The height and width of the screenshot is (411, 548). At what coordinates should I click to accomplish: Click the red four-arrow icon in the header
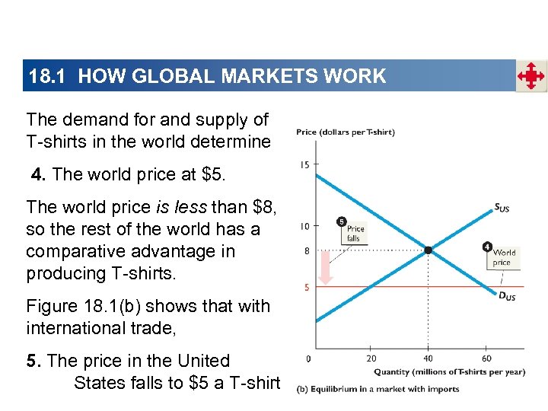pos(531,76)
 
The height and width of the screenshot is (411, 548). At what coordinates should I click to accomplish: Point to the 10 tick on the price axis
pos(304,226)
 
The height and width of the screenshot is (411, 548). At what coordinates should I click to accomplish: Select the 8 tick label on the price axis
pos(306,250)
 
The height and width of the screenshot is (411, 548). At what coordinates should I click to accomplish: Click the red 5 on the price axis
pos(306,287)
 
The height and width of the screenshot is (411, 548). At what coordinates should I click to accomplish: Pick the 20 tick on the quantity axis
pos(371,358)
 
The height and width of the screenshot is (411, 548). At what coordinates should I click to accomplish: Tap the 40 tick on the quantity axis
pos(429,358)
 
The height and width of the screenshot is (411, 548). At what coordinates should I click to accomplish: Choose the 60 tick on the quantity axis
pos(486,358)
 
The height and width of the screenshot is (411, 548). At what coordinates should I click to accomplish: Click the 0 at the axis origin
pos(307,358)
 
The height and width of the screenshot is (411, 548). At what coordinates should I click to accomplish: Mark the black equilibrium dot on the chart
pos(429,250)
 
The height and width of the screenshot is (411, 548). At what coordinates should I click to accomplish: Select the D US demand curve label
pos(507,295)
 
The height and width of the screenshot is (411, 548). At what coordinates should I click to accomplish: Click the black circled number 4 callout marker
pos(487,246)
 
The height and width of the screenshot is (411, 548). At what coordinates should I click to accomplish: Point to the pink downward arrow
pos(326,266)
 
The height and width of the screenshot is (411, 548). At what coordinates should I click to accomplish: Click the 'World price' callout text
pos(504,257)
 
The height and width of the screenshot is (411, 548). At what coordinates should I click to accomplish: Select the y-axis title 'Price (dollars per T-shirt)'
pos(345,132)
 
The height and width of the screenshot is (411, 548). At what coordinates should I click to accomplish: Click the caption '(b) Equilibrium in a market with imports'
pos(378,389)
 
